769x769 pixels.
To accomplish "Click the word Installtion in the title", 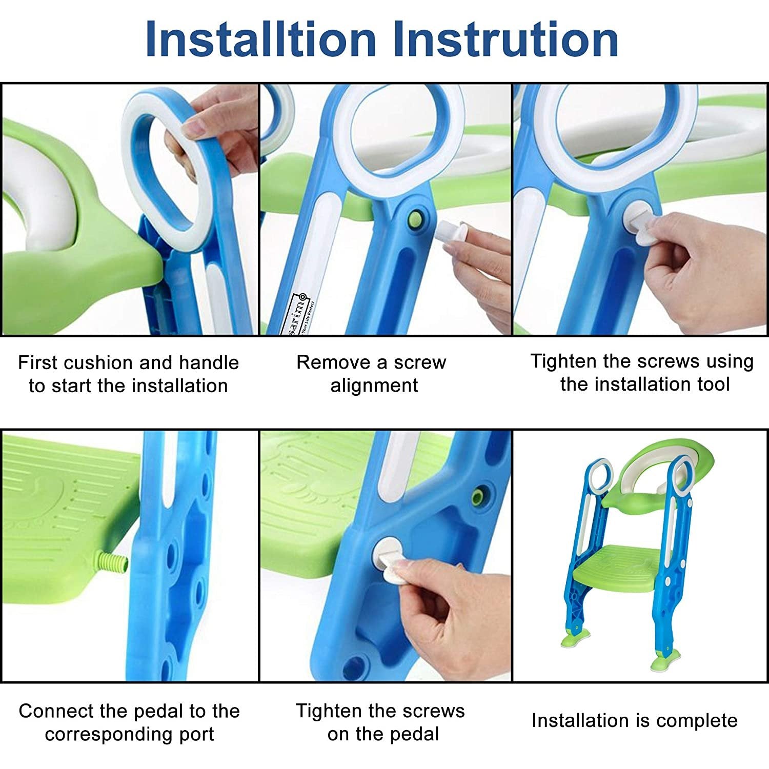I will (x=260, y=40).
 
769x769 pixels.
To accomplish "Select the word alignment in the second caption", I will (x=374, y=385).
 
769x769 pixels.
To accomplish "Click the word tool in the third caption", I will (x=711, y=384).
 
